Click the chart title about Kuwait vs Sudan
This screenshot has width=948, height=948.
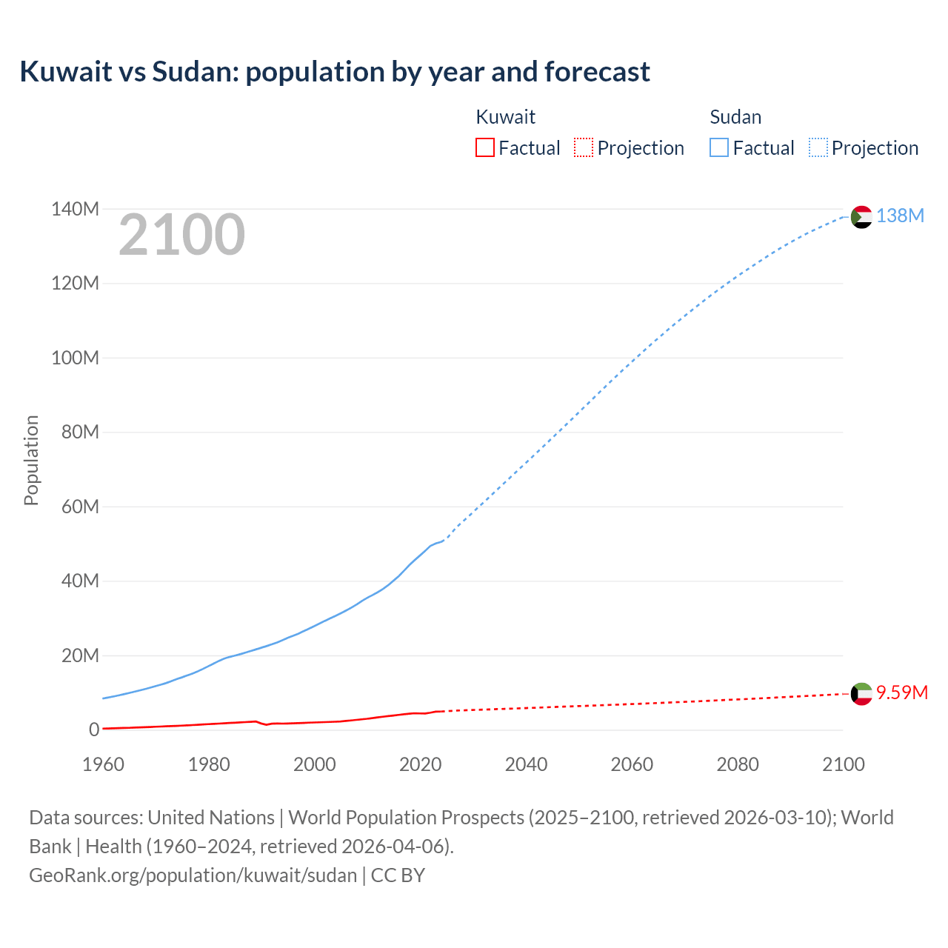pyautogui.click(x=335, y=72)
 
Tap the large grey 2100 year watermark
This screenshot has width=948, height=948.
pyautogui.click(x=181, y=235)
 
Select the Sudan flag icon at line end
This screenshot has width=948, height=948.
pyautogui.click(x=861, y=217)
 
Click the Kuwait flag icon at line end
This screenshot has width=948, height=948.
pyautogui.click(x=861, y=694)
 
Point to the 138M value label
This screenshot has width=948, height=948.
pyautogui.click(x=900, y=216)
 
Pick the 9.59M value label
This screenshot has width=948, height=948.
pyautogui.click(x=901, y=692)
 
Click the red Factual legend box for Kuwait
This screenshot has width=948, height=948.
pyautogui.click(x=484, y=147)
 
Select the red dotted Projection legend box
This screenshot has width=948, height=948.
pyautogui.click(x=584, y=147)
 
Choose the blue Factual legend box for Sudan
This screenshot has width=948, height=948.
pyautogui.click(x=718, y=147)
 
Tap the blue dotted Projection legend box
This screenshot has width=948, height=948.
pyautogui.click(x=818, y=147)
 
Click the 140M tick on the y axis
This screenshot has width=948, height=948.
pyautogui.click(x=75, y=210)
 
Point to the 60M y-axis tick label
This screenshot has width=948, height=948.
pyautogui.click(x=79, y=507)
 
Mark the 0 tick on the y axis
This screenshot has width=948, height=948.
pyautogui.click(x=94, y=730)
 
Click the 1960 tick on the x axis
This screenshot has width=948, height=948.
pyautogui.click(x=103, y=764)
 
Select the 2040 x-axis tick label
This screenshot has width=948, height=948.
pyautogui.click(x=526, y=764)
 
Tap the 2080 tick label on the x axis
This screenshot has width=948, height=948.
pyautogui.click(x=737, y=764)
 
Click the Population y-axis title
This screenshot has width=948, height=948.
pyautogui.click(x=31, y=460)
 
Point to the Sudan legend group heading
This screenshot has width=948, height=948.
pyautogui.click(x=735, y=117)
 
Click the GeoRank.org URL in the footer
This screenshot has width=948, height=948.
pyautogui.click(x=193, y=875)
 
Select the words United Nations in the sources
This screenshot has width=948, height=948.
pyautogui.click(x=210, y=818)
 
